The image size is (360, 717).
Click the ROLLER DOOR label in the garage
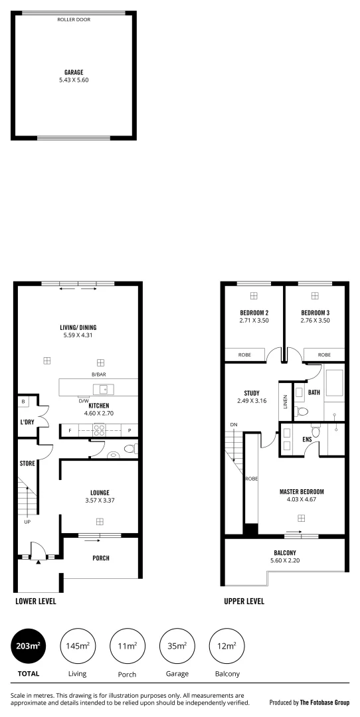[74, 20]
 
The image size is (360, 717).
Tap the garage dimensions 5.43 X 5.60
[74, 80]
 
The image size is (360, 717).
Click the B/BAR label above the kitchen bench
[100, 375]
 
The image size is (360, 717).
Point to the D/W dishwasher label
[84, 400]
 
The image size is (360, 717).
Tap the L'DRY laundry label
[27, 422]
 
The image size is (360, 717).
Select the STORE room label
[27, 463]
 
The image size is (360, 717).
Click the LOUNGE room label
[100, 493]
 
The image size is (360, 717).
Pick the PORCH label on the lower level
[100, 558]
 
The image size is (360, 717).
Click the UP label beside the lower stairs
[27, 522]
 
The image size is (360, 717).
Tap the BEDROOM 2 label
[254, 313]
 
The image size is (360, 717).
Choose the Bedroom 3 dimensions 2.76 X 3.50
[315, 320]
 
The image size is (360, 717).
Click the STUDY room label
[251, 393]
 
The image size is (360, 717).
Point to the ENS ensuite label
[307, 439]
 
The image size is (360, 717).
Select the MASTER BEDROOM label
[302, 492]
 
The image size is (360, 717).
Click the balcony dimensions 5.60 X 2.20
[284, 560]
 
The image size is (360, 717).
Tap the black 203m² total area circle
[29, 645]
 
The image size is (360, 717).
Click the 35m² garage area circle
[176, 645]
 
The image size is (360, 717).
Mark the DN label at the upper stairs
[233, 424]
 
